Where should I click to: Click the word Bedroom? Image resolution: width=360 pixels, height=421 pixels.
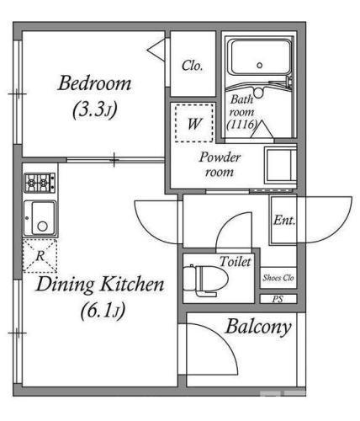tap(94, 83)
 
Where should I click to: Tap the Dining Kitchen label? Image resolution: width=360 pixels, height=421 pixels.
tap(100, 285)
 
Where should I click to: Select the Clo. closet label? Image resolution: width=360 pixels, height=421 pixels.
tap(192, 66)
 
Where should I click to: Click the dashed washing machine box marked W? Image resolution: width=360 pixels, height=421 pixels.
tap(194, 123)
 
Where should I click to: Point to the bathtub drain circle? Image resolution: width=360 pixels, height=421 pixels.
tap(260, 66)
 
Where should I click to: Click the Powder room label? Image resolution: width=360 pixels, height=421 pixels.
tap(220, 164)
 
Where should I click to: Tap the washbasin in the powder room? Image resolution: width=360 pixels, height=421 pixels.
tap(280, 166)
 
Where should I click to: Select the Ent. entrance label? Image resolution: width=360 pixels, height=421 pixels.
tap(284, 220)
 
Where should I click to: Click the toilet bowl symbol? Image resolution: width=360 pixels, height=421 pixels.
tap(206, 280)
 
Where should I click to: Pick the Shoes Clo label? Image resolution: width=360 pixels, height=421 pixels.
tap(278, 278)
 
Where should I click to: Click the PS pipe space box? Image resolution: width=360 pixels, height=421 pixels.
tap(278, 299)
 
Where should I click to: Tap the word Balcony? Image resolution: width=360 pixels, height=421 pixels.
tap(258, 328)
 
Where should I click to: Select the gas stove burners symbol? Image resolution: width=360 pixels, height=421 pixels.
tap(40, 183)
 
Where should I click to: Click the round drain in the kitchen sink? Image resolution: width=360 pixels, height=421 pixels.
tap(43, 226)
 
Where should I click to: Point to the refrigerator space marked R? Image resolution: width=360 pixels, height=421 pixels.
tap(40, 256)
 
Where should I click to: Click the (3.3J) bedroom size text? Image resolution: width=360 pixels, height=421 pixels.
tap(95, 109)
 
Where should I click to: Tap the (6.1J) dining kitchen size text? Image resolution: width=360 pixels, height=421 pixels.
tap(103, 311)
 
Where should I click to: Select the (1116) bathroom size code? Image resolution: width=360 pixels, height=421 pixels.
tap(241, 125)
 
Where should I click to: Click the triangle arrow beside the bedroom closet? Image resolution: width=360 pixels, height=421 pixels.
tap(156, 50)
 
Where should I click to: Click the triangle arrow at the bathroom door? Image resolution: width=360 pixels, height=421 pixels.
tap(262, 130)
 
